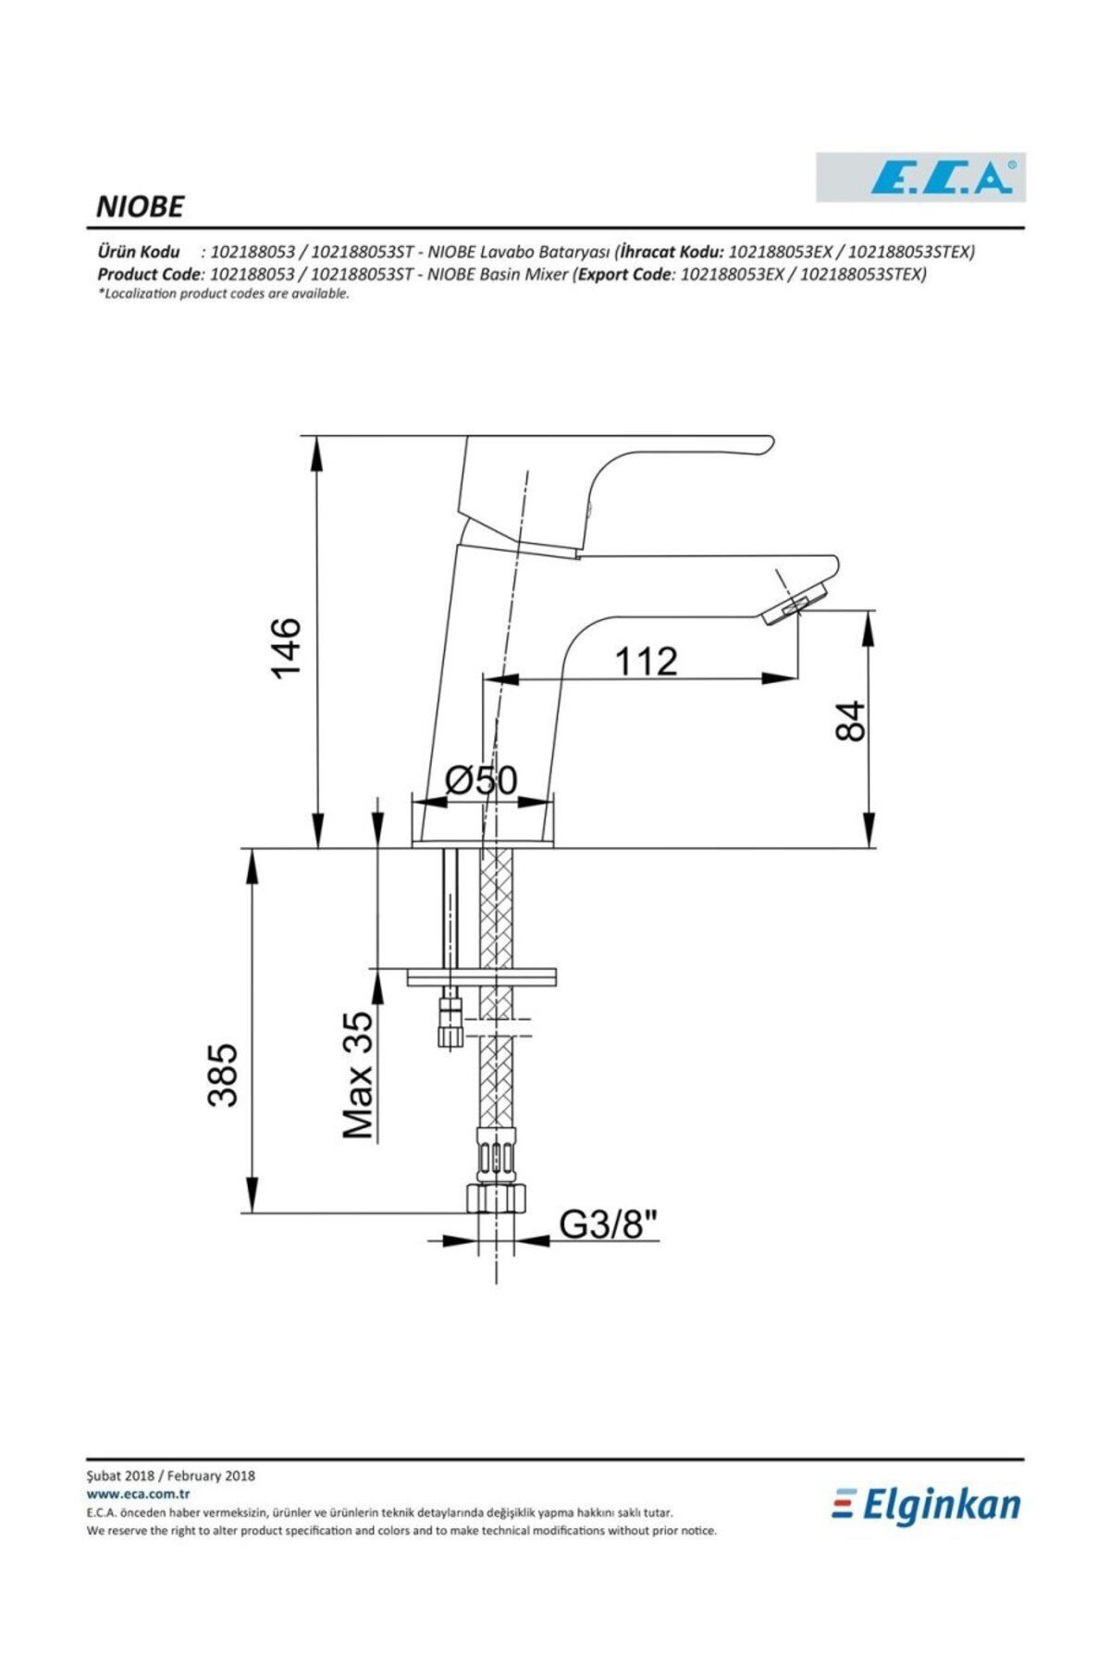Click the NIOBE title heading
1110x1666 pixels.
pos(140,206)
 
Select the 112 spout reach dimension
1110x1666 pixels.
pos(646,661)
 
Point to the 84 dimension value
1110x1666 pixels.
pos(849,721)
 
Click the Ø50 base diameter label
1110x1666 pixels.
pos(481,780)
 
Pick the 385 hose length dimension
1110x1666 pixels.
pos(223,1075)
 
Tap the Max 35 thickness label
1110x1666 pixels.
pos(359,1075)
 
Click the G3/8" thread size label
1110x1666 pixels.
pos(608,1225)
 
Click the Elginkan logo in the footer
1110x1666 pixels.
pos(926,1506)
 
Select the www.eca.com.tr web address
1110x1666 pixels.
pos(138,1493)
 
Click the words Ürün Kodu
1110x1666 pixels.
pos(139,252)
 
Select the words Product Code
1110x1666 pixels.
pos(149,274)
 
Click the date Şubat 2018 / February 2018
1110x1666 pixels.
pos(170,1475)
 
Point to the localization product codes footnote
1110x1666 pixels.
pos(223,293)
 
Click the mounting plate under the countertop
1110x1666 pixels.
pos(481,976)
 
